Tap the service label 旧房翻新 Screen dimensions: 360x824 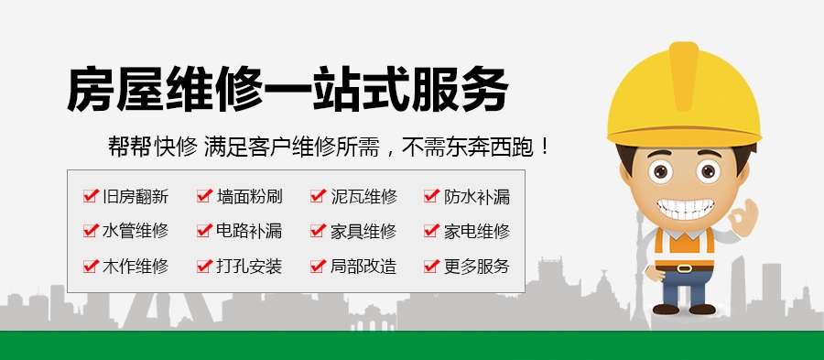pyautogui.click(x=136, y=196)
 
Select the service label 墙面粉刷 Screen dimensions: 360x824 pyautogui.click(x=249, y=196)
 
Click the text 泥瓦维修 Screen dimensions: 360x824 pyautogui.click(x=363, y=196)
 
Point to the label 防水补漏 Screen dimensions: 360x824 pyautogui.click(x=477, y=196)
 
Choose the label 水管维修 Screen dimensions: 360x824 pyautogui.click(x=136, y=231)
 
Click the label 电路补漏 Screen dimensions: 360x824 pyautogui.click(x=249, y=231)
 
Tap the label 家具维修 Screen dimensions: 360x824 pyautogui.click(x=363, y=231)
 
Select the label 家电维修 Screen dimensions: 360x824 pyautogui.click(x=477, y=231)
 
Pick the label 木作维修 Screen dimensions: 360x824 pyautogui.click(x=136, y=267)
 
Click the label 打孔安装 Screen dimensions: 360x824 pyautogui.click(x=249, y=267)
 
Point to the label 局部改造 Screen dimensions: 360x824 pyautogui.click(x=363, y=267)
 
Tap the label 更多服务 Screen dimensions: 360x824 pyautogui.click(x=477, y=267)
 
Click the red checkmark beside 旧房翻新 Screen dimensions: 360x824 pyautogui.click(x=91, y=195)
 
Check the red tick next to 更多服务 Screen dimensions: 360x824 pyautogui.click(x=432, y=266)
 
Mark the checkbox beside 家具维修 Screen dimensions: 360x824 pyautogui.click(x=319, y=230)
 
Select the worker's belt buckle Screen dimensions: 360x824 pyautogui.click(x=685, y=267)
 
